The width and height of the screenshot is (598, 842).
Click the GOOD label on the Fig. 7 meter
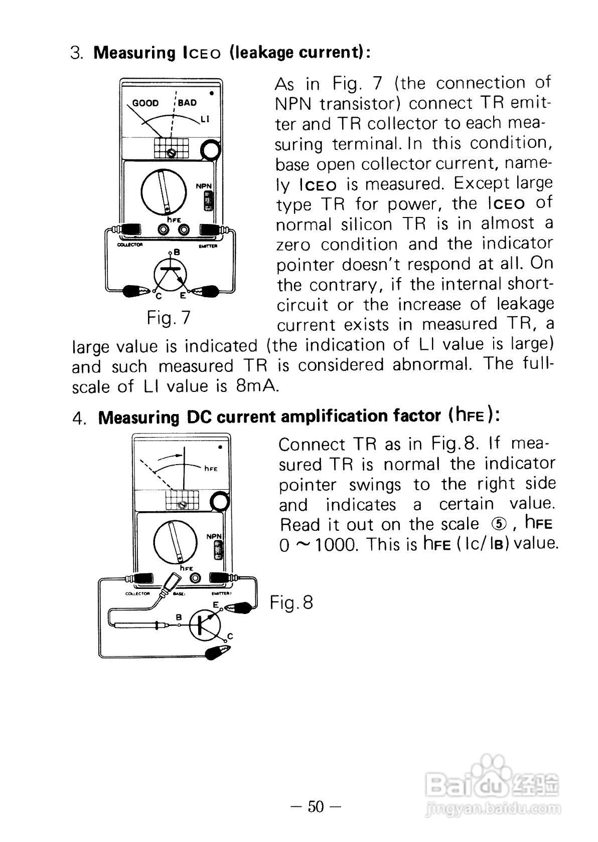click(145, 103)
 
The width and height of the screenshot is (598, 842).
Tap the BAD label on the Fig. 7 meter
click(187, 103)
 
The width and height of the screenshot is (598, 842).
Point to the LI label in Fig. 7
click(205, 119)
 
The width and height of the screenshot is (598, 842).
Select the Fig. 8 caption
click(291, 602)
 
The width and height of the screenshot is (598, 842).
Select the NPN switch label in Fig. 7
click(204, 186)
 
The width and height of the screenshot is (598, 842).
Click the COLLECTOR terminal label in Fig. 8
click(137, 593)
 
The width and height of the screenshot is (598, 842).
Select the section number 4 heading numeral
click(78, 418)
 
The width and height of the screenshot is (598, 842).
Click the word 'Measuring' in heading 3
click(134, 53)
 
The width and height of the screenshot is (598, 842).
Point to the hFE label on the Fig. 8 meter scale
click(211, 469)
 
